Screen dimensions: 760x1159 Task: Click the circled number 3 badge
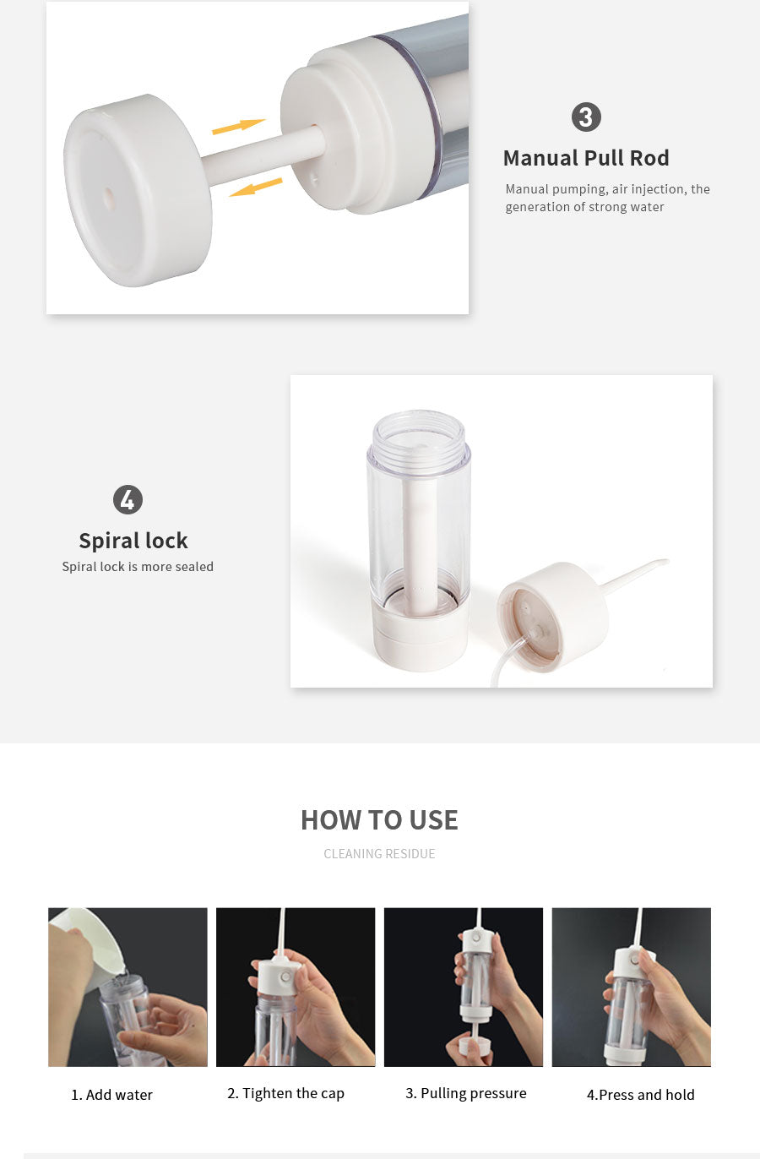tap(586, 117)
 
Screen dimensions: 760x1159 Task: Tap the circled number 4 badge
tap(128, 499)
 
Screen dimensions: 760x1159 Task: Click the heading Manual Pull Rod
tap(586, 158)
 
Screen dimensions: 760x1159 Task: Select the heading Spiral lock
tap(133, 541)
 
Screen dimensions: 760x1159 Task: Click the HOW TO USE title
tap(379, 820)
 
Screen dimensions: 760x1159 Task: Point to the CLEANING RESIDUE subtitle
tap(379, 854)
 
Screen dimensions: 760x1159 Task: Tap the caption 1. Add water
tap(111, 1095)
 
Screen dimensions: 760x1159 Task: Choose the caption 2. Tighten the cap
tap(285, 1093)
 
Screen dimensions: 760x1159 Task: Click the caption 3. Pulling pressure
tap(465, 1093)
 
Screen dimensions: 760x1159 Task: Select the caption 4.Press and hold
tap(640, 1095)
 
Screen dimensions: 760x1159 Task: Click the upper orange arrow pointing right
tap(238, 126)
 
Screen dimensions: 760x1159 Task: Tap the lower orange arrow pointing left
tap(256, 188)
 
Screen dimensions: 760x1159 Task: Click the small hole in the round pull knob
tap(109, 199)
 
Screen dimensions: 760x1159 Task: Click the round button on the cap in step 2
tap(285, 977)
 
